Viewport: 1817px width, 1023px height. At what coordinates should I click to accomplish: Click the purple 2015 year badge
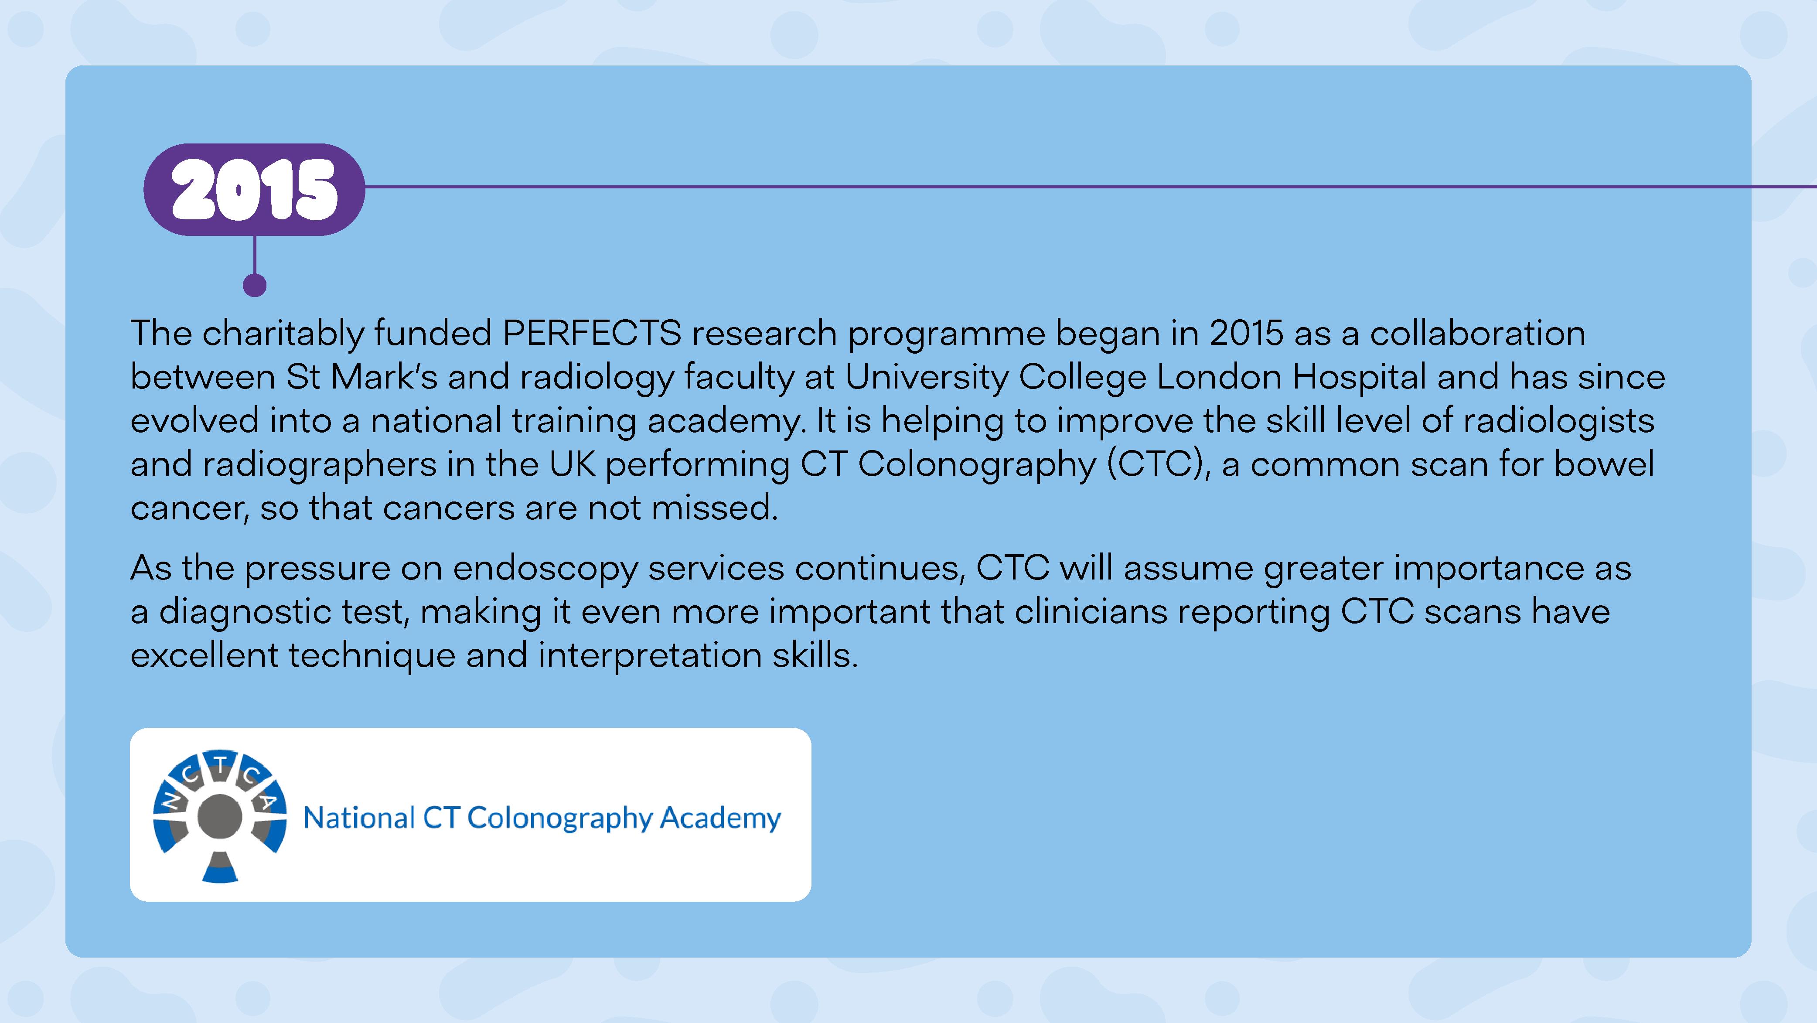[x=254, y=189]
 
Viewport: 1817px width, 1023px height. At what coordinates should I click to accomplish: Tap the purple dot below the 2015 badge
[x=255, y=285]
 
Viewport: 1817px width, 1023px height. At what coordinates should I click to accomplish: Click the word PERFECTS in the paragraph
[x=592, y=333]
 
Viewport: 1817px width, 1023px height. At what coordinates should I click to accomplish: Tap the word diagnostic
[x=280, y=612]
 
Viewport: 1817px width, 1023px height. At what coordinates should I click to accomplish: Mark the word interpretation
[x=650, y=657]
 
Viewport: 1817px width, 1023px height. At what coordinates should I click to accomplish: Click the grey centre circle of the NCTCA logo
[x=220, y=816]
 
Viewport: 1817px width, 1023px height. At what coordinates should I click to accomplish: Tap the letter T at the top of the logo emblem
[x=221, y=764]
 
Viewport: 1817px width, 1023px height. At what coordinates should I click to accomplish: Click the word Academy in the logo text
[x=721, y=819]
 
